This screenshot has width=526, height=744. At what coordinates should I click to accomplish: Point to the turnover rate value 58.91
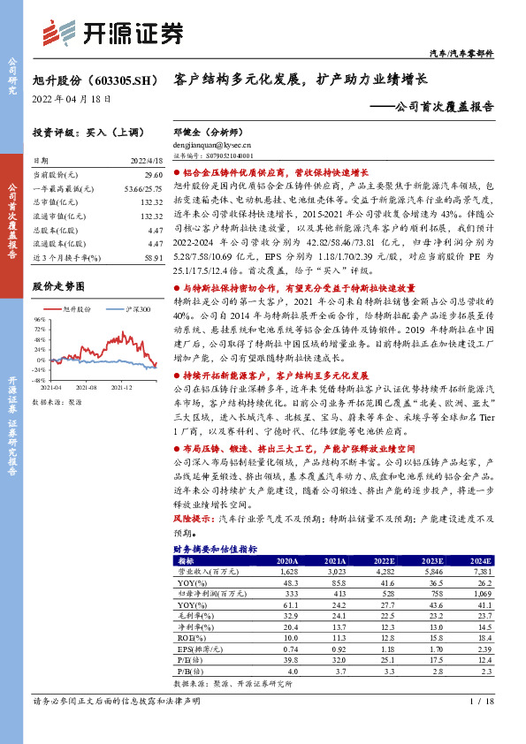[152, 256]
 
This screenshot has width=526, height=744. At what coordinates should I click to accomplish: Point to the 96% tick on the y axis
[39, 319]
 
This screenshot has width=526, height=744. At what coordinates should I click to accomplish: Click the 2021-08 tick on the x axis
[86, 386]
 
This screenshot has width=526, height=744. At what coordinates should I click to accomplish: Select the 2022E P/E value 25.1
[384, 658]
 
